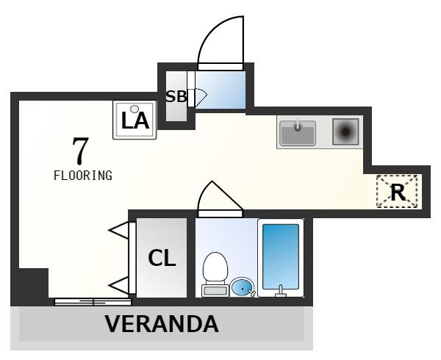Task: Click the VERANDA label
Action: pyautogui.click(x=162, y=324)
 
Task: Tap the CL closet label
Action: pyautogui.click(x=162, y=258)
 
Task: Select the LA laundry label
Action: pyautogui.click(x=135, y=120)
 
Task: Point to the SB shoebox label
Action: pyautogui.click(x=176, y=96)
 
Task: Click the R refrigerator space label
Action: pyautogui.click(x=398, y=192)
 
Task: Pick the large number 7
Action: pyautogui.click(x=80, y=151)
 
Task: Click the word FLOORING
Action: pyautogui.click(x=83, y=176)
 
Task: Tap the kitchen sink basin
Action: pyautogui.click(x=298, y=133)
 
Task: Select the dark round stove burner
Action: pyautogui.click(x=345, y=132)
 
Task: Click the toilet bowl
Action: pyautogui.click(x=215, y=268)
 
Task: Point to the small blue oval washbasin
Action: pyautogui.click(x=242, y=287)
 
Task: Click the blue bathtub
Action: pyautogui.click(x=281, y=257)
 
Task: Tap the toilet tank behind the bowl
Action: pyautogui.click(x=215, y=291)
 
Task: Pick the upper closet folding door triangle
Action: pyautogui.click(x=119, y=231)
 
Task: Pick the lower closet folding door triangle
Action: pyautogui.click(x=119, y=286)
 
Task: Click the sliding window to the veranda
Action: pyautogui.click(x=93, y=302)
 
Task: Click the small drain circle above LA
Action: pyautogui.click(x=135, y=109)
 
